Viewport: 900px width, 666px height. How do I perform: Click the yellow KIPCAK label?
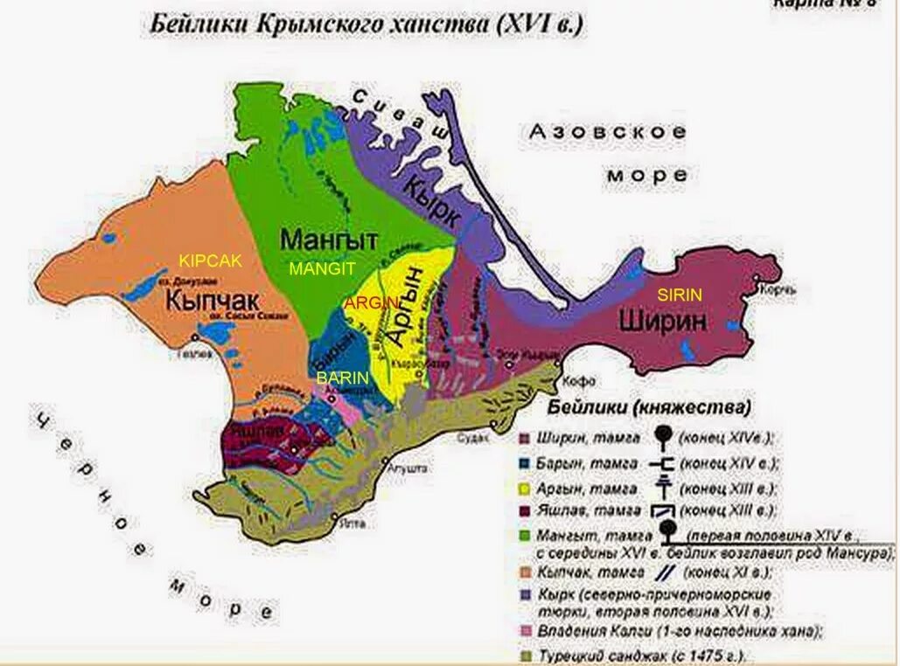(x=210, y=260)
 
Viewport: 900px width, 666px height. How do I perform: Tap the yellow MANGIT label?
(x=321, y=269)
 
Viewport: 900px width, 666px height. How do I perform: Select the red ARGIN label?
(x=371, y=303)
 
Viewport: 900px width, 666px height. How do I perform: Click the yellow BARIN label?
(x=343, y=378)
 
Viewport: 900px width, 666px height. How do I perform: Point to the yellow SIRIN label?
(x=680, y=295)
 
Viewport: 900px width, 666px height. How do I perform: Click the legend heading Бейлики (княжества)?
(x=650, y=408)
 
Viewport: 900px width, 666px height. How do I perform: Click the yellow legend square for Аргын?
(x=525, y=489)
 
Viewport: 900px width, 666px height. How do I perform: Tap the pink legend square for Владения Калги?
(x=525, y=630)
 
